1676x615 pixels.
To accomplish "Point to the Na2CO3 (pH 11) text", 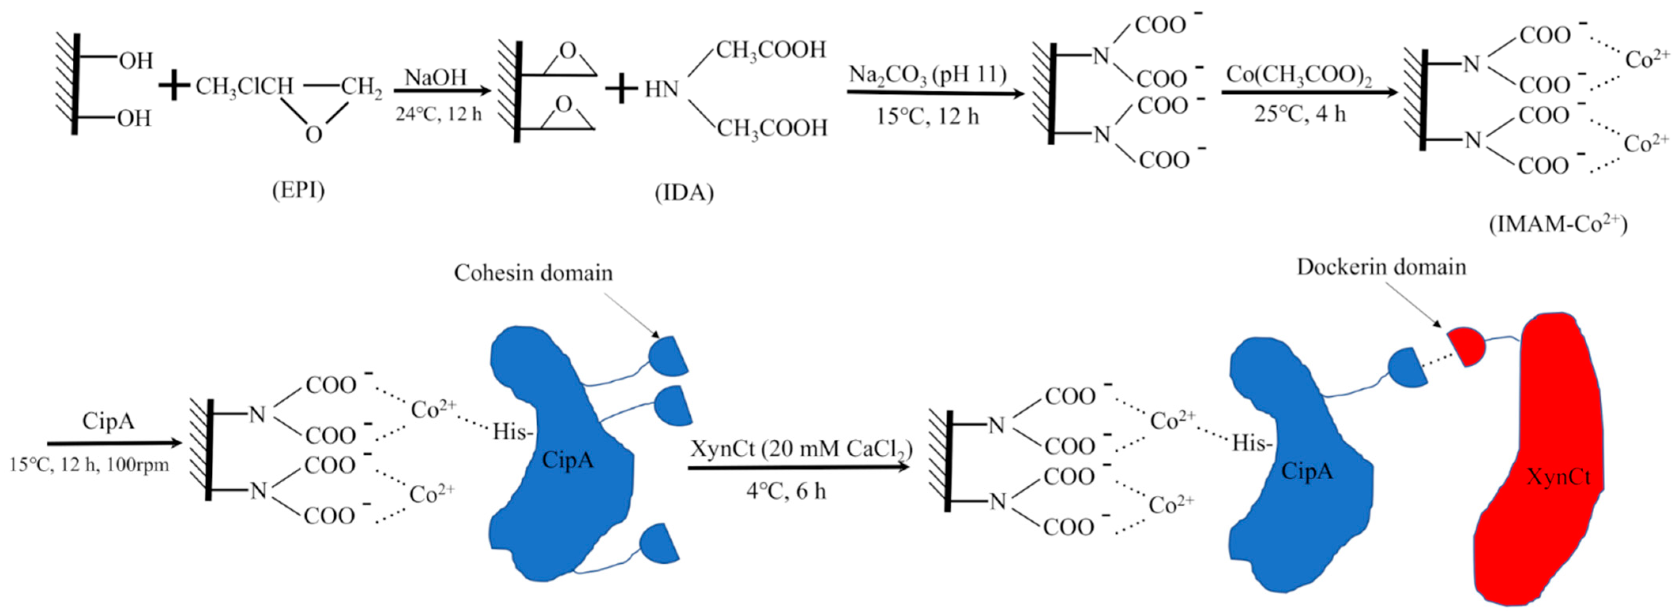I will click(927, 75).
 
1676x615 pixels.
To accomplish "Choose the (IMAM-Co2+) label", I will click(1557, 224).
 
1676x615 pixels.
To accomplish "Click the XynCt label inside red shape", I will click(1558, 478).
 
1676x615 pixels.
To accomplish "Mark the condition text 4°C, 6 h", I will click(786, 491).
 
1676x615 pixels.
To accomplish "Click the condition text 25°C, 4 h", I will click(1299, 114).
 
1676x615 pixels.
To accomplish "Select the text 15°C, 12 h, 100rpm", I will click(89, 465).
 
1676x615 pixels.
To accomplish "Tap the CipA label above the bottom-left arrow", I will click(108, 421).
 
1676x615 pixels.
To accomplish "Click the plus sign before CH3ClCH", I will click(174, 86).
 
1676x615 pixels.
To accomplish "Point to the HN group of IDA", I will click(662, 89).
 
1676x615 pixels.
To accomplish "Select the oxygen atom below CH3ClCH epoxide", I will click(314, 135).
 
